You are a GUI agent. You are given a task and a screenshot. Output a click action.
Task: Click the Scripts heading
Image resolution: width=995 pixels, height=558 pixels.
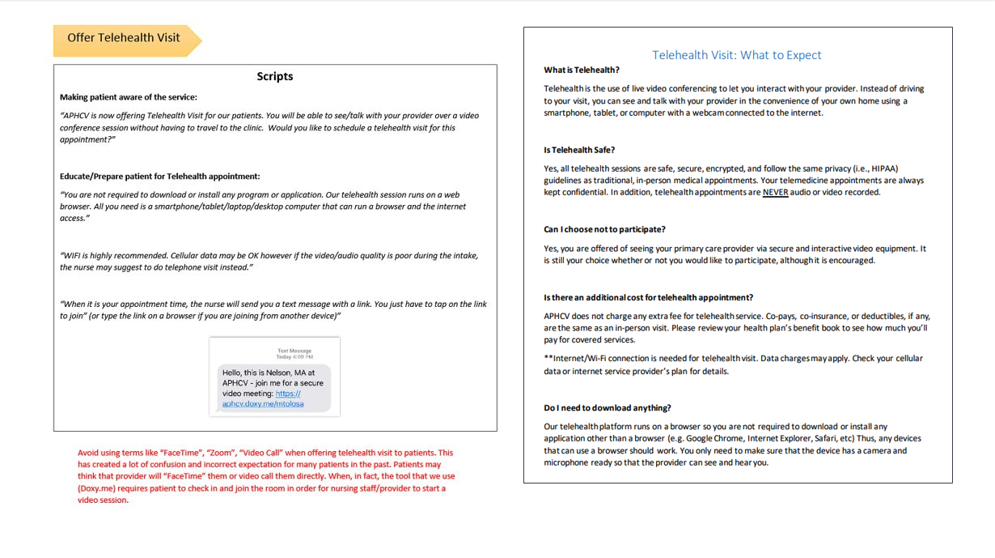tap(275, 76)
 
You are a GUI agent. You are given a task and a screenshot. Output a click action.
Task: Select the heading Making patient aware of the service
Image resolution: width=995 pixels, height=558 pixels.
tap(128, 97)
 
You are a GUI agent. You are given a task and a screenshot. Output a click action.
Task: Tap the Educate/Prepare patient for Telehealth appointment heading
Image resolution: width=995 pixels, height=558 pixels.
tap(159, 177)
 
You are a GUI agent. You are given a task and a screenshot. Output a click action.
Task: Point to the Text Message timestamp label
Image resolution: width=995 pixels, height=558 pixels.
tap(294, 353)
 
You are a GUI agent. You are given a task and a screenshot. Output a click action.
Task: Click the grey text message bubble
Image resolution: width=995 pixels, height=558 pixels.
tap(274, 387)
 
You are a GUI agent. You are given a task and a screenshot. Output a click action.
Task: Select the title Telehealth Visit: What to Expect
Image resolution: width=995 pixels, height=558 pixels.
tap(737, 55)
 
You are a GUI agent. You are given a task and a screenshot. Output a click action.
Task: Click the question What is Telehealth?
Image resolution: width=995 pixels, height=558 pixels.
tap(582, 70)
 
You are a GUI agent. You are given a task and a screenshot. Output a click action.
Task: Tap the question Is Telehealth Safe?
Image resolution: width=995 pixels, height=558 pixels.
tap(579, 150)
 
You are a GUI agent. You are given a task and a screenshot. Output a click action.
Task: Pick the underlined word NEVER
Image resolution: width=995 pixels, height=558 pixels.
tap(775, 193)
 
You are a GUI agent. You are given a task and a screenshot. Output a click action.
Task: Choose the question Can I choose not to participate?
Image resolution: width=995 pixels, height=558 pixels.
tap(604, 229)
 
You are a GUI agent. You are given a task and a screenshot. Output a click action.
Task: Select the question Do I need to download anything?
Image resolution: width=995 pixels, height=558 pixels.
tap(608, 408)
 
